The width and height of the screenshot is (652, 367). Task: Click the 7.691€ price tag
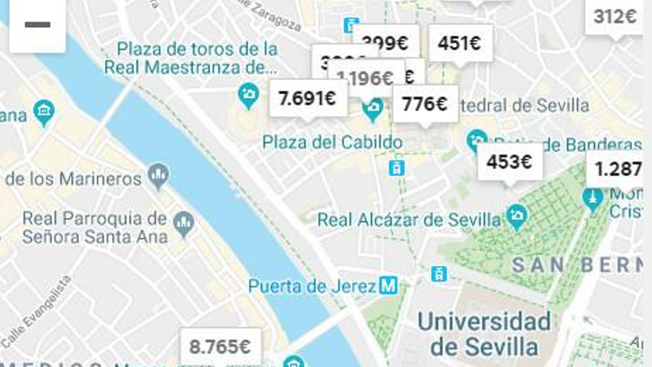click(308, 98)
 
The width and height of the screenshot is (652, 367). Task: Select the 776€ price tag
click(425, 104)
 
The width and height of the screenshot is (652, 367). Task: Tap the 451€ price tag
click(460, 43)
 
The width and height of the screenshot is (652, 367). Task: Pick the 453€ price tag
click(509, 162)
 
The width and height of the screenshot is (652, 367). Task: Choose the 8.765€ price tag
click(220, 347)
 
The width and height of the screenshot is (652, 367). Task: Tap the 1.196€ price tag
click(365, 78)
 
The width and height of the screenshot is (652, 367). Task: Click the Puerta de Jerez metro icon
click(388, 285)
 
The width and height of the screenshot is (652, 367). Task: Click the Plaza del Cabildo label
click(332, 142)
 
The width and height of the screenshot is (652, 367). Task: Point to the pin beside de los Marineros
click(158, 175)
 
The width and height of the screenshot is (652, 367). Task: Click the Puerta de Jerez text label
click(312, 286)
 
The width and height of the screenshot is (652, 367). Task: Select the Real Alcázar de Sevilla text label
click(409, 220)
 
